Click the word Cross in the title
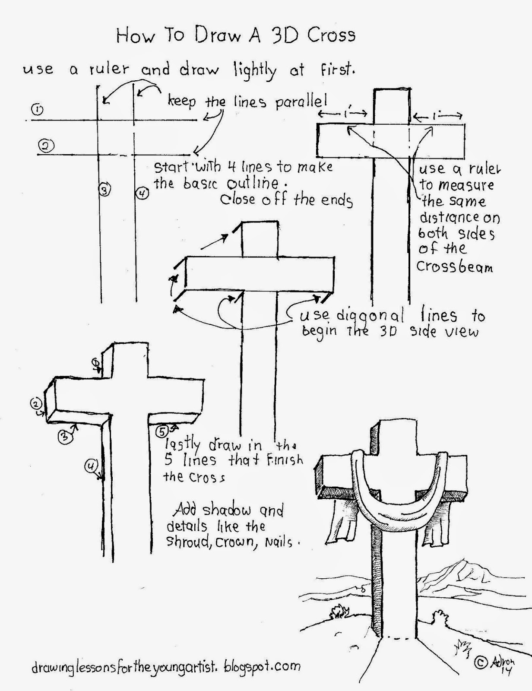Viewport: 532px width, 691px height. pyautogui.click(x=331, y=35)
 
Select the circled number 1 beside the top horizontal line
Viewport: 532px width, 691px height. pyautogui.click(x=38, y=110)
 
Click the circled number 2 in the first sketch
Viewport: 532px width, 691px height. pyautogui.click(x=46, y=146)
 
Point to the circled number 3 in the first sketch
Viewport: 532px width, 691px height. pyautogui.click(x=105, y=189)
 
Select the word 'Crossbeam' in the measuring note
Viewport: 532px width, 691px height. pyautogui.click(x=454, y=266)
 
